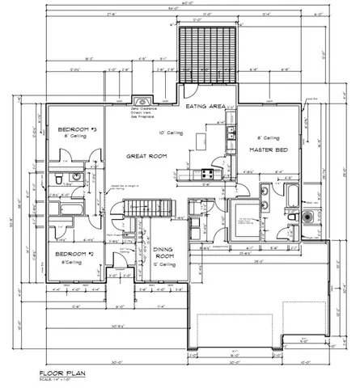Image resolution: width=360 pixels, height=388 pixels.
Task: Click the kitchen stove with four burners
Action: pyautogui.click(x=205, y=174)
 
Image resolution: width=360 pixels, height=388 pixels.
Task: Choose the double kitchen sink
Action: pyautogui.click(x=231, y=133)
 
